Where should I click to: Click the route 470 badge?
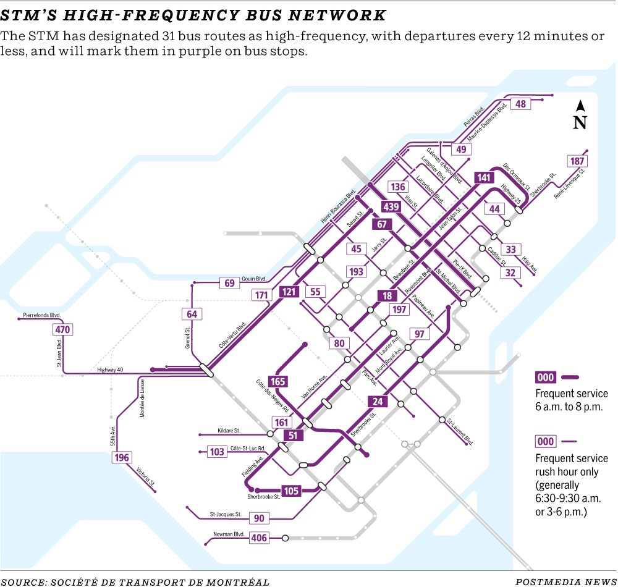pos(62,329)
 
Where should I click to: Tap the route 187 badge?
pos(577,161)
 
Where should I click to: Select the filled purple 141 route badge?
pos(483,178)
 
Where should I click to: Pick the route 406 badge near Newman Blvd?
pos(259,538)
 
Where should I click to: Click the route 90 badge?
pos(259,518)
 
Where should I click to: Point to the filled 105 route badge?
pos(291,491)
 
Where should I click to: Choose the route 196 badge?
pos(122,457)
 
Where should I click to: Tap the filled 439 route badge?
pos(391,206)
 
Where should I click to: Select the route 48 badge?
pos(521,104)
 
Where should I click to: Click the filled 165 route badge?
pos(278,381)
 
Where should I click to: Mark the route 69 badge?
pos(230,283)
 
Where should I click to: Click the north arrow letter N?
pos(579,122)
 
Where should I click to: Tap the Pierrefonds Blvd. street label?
pos(42,315)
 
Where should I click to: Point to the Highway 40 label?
pos(111,370)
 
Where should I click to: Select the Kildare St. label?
pos(229,430)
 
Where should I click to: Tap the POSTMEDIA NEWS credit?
pos(565,581)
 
